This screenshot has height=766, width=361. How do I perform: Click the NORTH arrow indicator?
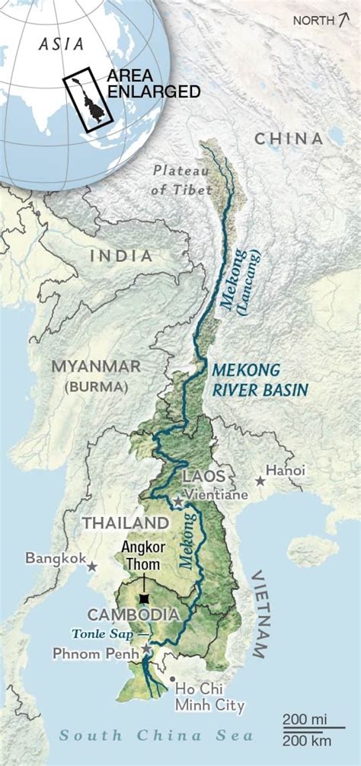pos(319,21)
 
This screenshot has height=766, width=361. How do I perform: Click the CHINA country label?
pos(289,138)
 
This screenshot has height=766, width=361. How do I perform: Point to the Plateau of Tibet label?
pos(182,180)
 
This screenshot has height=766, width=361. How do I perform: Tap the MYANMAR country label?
pos(96,366)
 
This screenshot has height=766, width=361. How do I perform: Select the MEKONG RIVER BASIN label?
pos(260,379)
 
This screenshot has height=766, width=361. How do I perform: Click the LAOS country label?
pos(203,476)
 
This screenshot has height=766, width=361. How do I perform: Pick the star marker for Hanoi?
pos(260,480)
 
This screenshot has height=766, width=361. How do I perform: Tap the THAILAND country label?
pos(125,523)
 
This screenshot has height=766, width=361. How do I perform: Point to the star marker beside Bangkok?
pos(92,567)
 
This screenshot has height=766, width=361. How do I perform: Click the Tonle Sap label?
pos(101,634)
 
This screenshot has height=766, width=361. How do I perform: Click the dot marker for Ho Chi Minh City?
pos(173,678)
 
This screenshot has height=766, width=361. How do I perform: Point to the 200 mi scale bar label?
pos(303,719)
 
